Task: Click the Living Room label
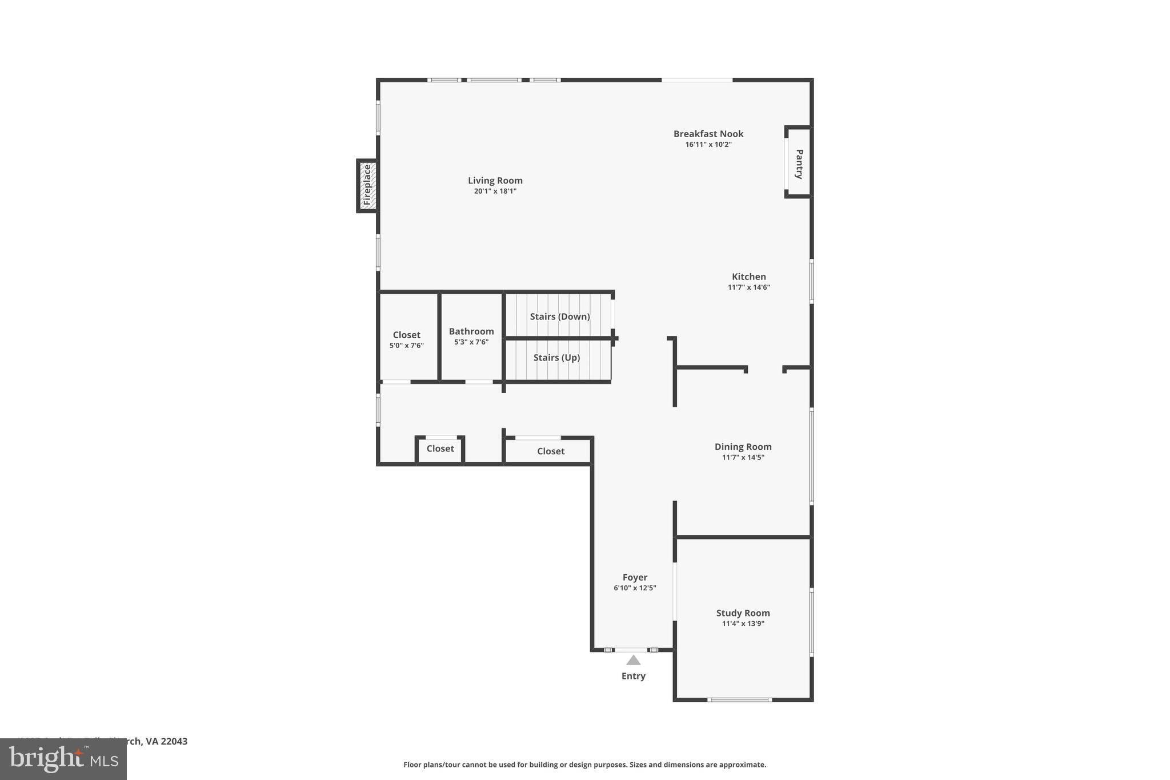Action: [x=495, y=181]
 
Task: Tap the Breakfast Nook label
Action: [x=708, y=134]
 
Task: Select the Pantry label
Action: [x=799, y=164]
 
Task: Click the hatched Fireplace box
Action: [x=367, y=186]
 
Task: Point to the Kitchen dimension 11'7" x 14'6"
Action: [x=748, y=287]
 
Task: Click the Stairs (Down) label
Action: [x=559, y=317]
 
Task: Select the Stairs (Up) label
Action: [x=556, y=358]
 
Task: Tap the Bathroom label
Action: [x=471, y=331]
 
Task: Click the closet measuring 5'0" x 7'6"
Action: [x=406, y=339]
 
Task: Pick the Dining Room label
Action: [x=743, y=447]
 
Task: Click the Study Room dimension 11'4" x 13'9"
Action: [x=743, y=623]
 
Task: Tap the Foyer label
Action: [x=635, y=577]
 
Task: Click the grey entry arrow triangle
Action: [x=633, y=661]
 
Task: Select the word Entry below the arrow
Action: [x=633, y=676]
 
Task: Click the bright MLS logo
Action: [x=63, y=759]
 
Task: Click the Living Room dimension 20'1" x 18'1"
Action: [x=495, y=191]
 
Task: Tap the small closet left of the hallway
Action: [x=440, y=449]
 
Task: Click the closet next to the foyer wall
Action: [x=551, y=451]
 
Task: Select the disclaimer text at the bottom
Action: [x=584, y=765]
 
